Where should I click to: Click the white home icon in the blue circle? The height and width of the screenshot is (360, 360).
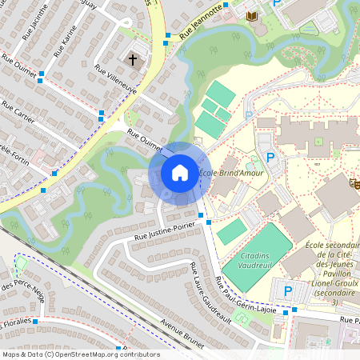180,172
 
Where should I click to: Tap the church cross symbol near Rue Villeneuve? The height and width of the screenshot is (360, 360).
133,60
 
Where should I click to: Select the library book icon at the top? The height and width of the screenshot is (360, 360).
252,17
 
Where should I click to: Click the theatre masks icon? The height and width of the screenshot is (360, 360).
353,184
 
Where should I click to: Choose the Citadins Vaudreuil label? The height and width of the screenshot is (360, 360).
245,264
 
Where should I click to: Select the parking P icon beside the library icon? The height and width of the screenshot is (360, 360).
278,4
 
